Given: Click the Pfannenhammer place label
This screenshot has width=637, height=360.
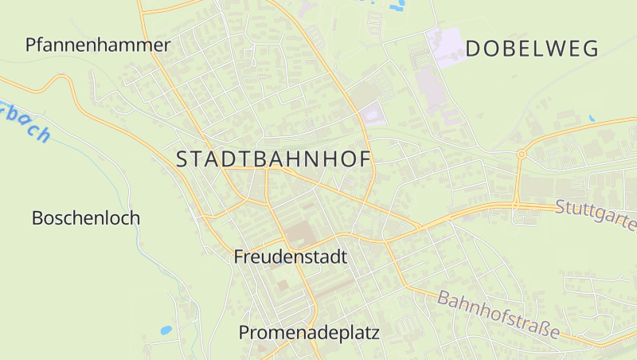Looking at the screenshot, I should pos(98,45).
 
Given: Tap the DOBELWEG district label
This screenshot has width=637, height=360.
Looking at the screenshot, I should pos(532,49).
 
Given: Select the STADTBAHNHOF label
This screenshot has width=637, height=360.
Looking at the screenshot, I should pos(274,158).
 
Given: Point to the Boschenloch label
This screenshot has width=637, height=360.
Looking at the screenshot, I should pos(86,217).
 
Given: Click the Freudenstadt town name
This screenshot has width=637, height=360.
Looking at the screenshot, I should pos(291,257).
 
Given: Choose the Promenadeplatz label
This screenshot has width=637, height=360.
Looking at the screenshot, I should pos(310,332).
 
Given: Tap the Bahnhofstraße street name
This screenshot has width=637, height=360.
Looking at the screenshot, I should pos(498,312).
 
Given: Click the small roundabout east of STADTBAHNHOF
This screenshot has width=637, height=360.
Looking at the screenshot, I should pos(521,154).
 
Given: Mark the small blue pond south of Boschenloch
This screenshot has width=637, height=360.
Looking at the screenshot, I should pos(166,329).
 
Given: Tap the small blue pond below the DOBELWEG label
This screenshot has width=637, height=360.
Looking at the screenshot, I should pos(591,119).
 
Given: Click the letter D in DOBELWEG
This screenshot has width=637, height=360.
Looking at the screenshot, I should pos(473,49).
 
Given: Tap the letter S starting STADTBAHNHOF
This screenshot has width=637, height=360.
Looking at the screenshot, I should pos(182,158).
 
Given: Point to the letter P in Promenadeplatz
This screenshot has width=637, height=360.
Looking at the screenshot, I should pos(245,332).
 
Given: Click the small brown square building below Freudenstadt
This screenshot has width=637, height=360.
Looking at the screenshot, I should pos(283,284).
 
